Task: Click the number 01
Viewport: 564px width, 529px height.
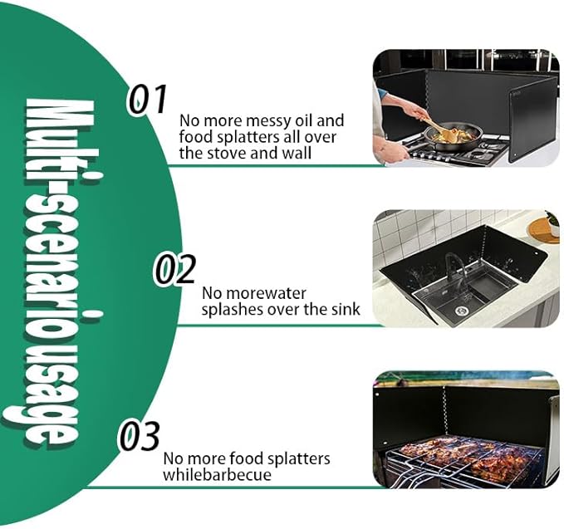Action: pyautogui.click(x=148, y=99)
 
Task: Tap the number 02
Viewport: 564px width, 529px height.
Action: pyautogui.click(x=175, y=269)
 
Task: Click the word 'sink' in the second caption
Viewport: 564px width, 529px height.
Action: pyautogui.click(x=346, y=309)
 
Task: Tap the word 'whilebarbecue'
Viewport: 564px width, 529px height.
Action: pyautogui.click(x=217, y=475)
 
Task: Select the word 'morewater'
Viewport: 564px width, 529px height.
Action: pyautogui.click(x=254, y=293)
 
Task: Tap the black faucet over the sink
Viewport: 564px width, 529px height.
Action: pyautogui.click(x=457, y=269)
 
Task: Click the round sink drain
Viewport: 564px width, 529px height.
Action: pyautogui.click(x=461, y=311)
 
